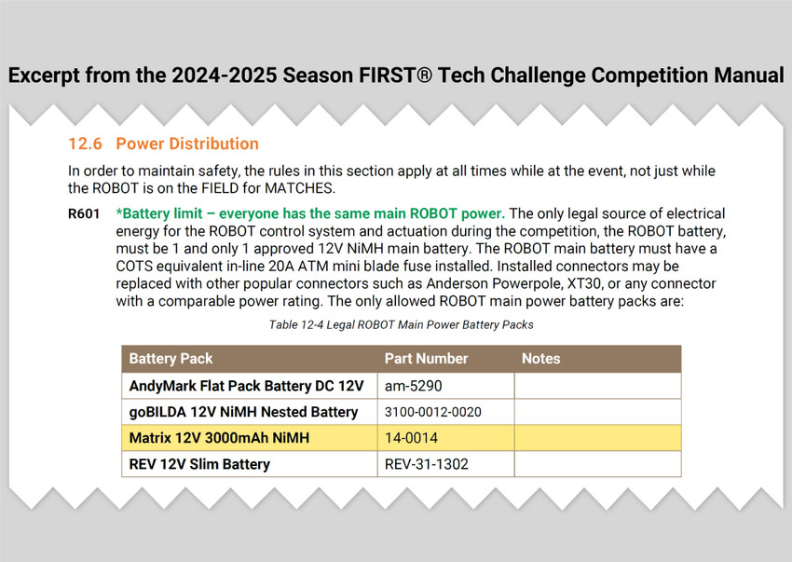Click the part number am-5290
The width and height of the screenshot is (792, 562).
tap(413, 386)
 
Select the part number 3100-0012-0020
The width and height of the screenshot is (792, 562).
tap(433, 412)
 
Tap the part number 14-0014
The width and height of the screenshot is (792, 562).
tap(411, 438)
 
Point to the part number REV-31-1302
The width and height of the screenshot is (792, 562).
tap(427, 464)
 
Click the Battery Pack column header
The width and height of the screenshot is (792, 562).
tap(171, 359)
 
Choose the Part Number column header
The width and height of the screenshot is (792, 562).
tap(427, 359)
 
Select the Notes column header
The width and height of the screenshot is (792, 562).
tap(541, 359)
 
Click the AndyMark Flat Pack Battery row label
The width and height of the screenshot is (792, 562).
tap(247, 386)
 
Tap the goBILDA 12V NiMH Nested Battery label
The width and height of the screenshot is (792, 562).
tap(243, 412)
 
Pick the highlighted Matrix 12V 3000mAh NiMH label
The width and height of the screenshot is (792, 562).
tap(219, 438)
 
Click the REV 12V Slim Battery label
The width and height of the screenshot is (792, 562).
tap(199, 464)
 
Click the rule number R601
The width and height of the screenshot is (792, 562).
tap(84, 213)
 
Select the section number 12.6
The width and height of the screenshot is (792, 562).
tap(85, 144)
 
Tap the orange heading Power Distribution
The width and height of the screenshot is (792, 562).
tap(187, 144)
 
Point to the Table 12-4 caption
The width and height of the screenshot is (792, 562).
tap(401, 324)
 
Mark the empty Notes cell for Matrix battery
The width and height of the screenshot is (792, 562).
tap(597, 438)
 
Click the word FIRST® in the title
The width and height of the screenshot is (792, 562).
tap(395, 75)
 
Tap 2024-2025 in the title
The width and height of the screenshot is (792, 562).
tap(225, 75)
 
